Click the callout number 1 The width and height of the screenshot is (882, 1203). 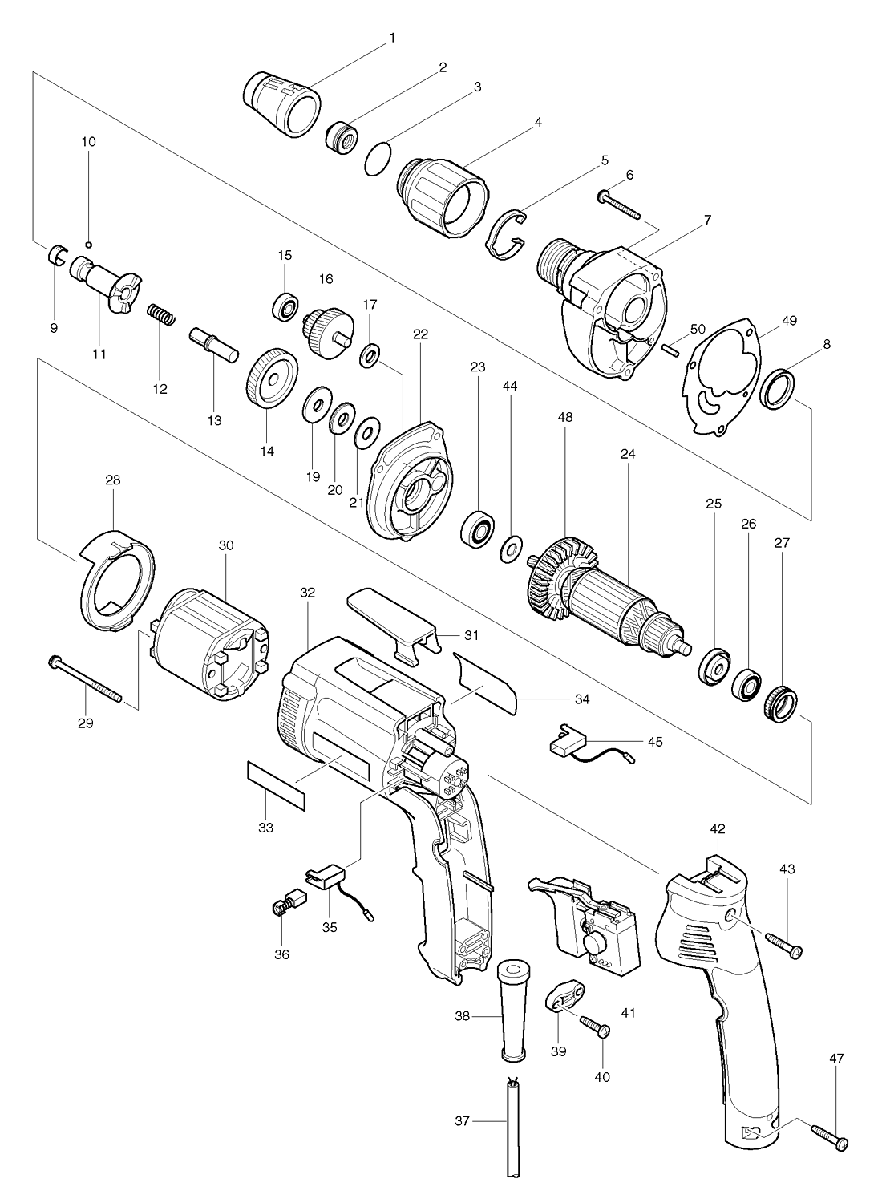pos(392,38)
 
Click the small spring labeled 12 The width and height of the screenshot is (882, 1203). pos(162,314)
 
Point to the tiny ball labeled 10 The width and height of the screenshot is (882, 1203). pos(88,245)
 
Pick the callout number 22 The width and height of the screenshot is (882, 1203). pos(421,334)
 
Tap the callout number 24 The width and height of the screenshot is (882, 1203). pos(628,454)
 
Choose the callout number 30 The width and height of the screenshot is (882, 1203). pos(226,545)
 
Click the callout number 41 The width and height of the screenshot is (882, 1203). pos(628,1013)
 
